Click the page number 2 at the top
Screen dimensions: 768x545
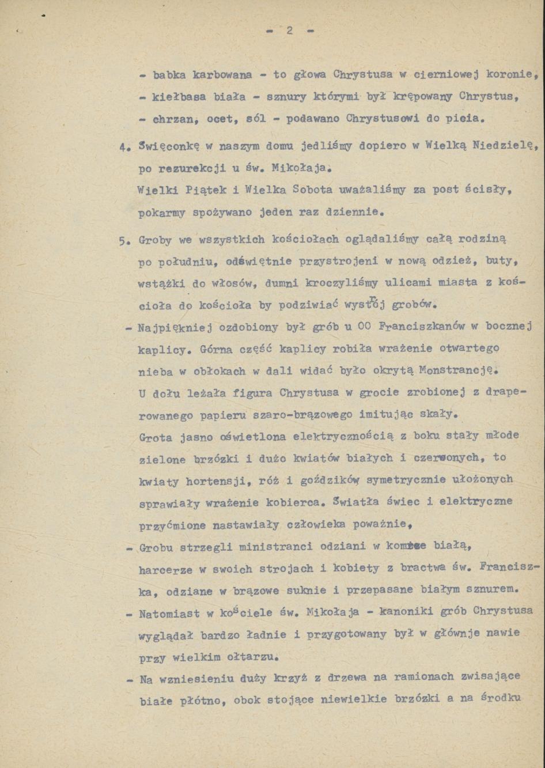(x=290, y=31)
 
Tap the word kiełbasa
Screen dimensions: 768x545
(x=177, y=97)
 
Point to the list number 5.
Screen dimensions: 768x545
(x=123, y=241)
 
